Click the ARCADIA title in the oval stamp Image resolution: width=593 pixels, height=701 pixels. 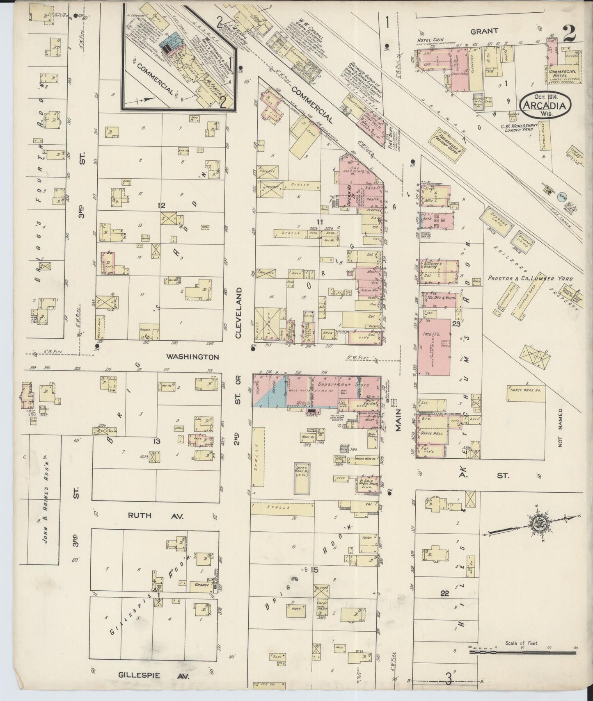click(x=544, y=105)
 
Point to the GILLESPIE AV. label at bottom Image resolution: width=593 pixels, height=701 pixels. click(x=154, y=675)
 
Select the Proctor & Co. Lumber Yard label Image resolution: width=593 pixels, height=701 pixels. click(x=530, y=278)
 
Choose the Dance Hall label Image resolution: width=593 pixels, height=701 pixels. click(x=432, y=433)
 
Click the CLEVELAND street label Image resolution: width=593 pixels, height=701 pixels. click(x=239, y=312)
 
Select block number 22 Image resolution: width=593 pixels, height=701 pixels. click(x=444, y=593)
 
